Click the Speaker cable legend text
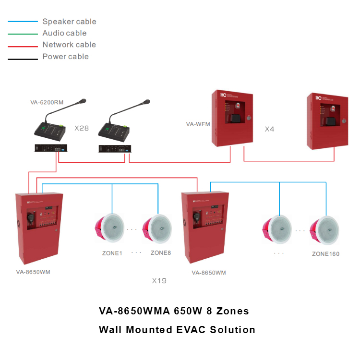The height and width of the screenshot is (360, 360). [69, 22]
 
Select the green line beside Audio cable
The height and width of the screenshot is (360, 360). [23, 34]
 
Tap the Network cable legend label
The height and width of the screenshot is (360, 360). [69, 45]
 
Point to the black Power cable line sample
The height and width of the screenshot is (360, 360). [23, 59]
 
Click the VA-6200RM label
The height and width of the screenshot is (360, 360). [47, 102]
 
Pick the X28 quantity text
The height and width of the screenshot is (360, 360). [82, 129]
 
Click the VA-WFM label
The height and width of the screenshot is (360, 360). [198, 124]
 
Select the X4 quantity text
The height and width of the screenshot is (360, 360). [269, 129]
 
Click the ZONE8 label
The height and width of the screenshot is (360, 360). [160, 253]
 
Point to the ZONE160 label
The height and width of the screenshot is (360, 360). [325, 254]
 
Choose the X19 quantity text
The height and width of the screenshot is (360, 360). [159, 281]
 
